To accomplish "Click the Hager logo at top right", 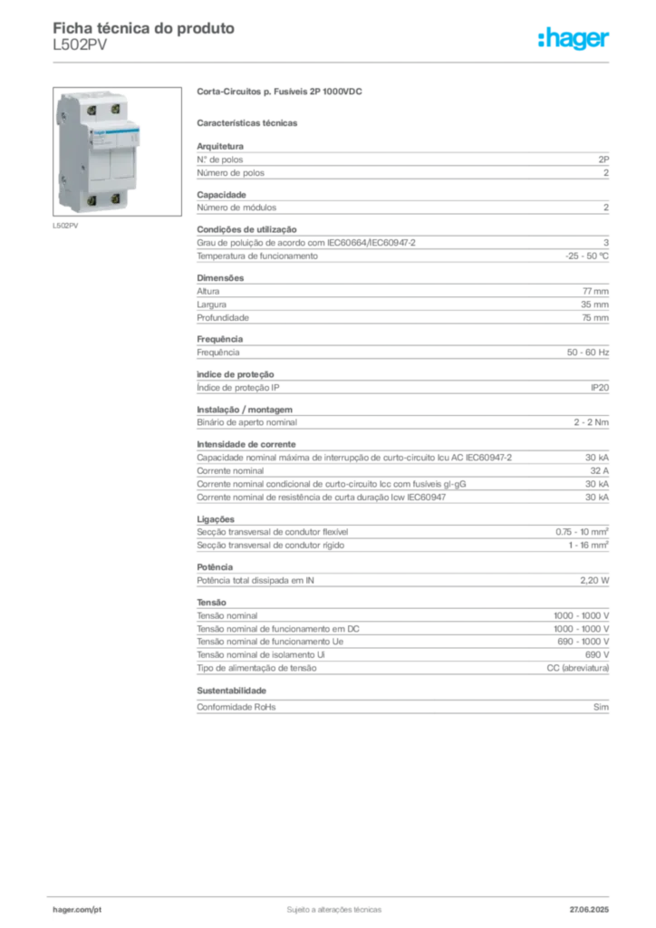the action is pyautogui.click(x=574, y=38).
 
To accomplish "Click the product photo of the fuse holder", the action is pyautogui.click(x=117, y=151).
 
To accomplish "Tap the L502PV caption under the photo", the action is pyautogui.click(x=65, y=226).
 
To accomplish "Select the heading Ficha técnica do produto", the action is pyautogui.click(x=144, y=28).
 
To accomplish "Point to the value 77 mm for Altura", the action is pyautogui.click(x=595, y=291).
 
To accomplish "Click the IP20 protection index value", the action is pyautogui.click(x=599, y=388).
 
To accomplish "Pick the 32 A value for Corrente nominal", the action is pyautogui.click(x=599, y=471).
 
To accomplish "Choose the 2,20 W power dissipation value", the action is pyautogui.click(x=593, y=581).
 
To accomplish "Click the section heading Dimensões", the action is pyautogui.click(x=220, y=278).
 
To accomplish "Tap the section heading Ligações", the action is pyautogui.click(x=216, y=519).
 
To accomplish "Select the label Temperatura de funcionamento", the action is pyautogui.click(x=257, y=256).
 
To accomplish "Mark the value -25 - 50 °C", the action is pyautogui.click(x=587, y=256).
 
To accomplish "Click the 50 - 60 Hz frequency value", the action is pyautogui.click(x=587, y=353).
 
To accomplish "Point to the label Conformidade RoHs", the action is pyautogui.click(x=236, y=707).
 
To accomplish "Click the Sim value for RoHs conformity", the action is pyautogui.click(x=601, y=707).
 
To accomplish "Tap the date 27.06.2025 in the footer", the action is pyautogui.click(x=589, y=910).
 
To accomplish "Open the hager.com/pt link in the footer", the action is pyautogui.click(x=77, y=910).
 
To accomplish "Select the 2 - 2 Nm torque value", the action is pyautogui.click(x=591, y=422).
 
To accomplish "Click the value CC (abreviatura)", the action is pyautogui.click(x=577, y=668).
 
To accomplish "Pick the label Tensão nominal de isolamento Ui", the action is pyautogui.click(x=261, y=655).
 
